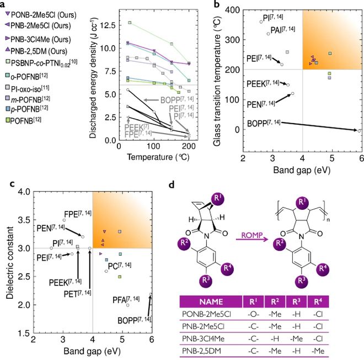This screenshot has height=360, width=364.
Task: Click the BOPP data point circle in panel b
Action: [x=358, y=130]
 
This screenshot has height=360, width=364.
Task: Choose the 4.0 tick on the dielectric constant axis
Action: [x=23, y=192]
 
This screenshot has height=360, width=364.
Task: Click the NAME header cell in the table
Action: [x=210, y=302]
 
